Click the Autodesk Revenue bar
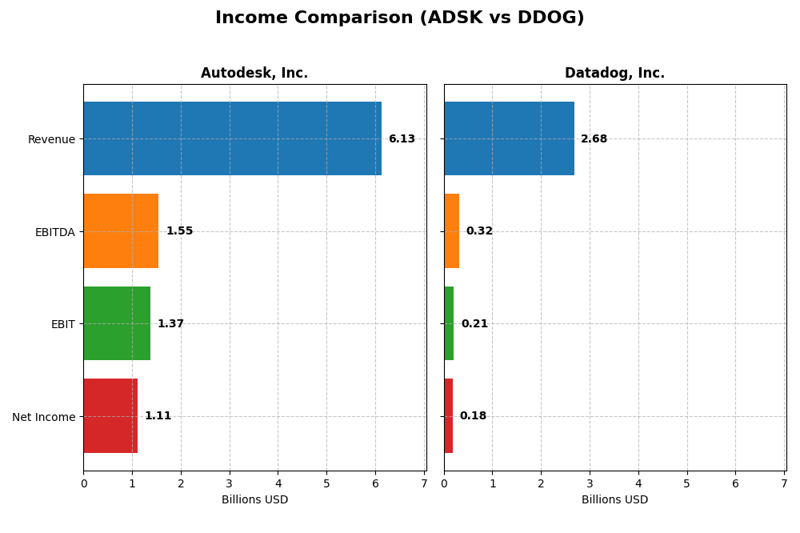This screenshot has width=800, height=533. tap(232, 138)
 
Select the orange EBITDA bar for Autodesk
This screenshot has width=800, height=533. tap(121, 231)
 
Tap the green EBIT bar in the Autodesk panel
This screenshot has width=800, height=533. tap(117, 323)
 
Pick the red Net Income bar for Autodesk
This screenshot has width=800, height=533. tap(110, 416)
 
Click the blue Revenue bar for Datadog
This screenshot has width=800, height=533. tap(509, 138)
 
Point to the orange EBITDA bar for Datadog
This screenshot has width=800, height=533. tap(451, 231)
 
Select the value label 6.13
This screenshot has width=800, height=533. tap(402, 139)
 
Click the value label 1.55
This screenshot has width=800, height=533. tap(179, 231)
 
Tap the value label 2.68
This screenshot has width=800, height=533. tap(594, 139)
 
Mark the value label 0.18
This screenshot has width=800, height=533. tap(473, 416)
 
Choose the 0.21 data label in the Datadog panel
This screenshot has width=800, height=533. tap(474, 324)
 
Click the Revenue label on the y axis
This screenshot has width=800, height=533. tap(51, 139)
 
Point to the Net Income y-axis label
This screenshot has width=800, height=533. tap(43, 417)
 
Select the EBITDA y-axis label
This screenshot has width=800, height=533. tap(54, 232)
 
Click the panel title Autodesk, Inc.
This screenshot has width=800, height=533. tap(254, 74)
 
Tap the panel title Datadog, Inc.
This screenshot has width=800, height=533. tap(614, 74)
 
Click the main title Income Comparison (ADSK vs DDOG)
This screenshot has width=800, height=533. tap(399, 18)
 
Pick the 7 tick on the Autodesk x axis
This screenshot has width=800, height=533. tap(424, 483)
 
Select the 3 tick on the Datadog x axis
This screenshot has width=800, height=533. tap(590, 483)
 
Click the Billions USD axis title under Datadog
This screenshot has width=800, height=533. tap(614, 500)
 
